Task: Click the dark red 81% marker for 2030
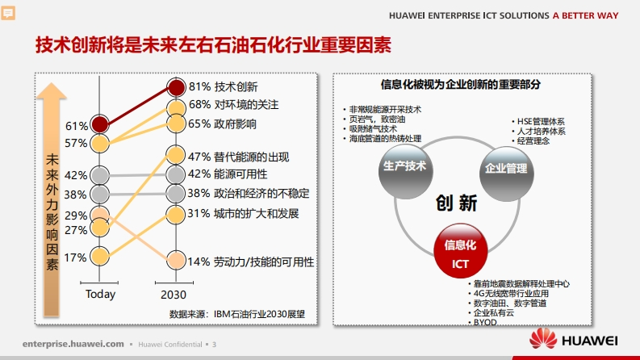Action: [176, 87]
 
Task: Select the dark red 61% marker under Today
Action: [99, 124]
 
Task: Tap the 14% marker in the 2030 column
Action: [176, 260]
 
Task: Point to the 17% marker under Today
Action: [99, 257]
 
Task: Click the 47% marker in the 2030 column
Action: [176, 155]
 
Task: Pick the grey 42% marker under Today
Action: [99, 175]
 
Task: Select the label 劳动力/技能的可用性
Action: [264, 262]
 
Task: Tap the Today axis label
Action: [100, 295]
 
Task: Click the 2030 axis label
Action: [174, 295]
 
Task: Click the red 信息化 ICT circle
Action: [460, 250]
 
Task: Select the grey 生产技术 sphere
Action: [405, 171]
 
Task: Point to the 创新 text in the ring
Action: [456, 203]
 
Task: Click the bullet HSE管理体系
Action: [538, 122]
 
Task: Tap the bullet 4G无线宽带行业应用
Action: [508, 294]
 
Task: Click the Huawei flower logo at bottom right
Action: [543, 339]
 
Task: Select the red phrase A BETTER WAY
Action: [586, 15]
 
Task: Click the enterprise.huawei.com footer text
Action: [73, 344]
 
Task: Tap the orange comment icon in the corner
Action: [8, 13]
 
